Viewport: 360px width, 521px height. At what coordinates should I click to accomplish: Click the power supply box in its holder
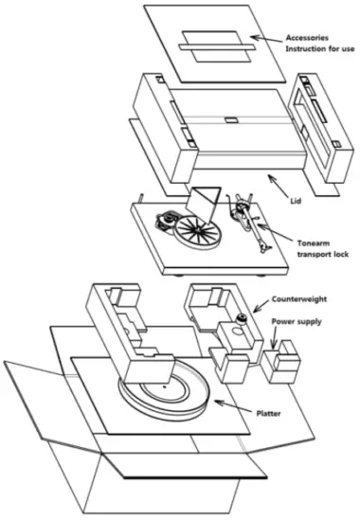282,364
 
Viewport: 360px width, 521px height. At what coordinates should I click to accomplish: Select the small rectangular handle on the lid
230,120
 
